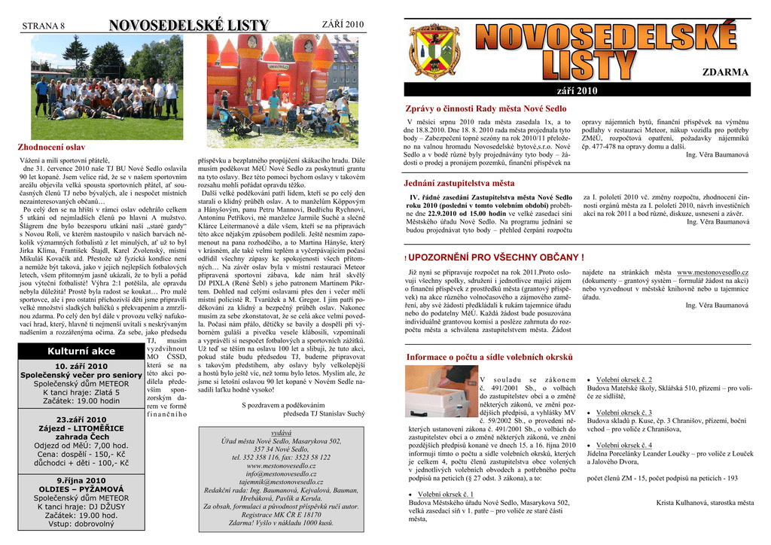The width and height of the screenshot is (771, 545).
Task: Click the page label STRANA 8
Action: [44, 26]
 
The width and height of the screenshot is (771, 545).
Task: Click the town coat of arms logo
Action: [434, 52]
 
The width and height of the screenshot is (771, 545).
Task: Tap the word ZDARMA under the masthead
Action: [725, 72]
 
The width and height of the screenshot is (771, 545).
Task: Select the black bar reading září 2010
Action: [576, 91]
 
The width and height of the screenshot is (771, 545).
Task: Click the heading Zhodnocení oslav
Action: [51, 147]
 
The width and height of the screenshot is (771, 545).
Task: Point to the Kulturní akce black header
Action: [81, 351]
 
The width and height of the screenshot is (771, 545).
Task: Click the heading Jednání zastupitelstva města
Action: [459, 183]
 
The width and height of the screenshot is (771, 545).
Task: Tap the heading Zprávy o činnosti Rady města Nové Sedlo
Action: [486, 109]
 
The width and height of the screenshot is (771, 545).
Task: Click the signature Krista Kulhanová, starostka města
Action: [704, 502]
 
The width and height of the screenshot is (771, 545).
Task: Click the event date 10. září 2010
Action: [81, 367]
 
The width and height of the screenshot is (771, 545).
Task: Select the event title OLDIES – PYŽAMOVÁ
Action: [81, 489]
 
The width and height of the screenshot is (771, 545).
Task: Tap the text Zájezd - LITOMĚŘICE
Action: [81, 428]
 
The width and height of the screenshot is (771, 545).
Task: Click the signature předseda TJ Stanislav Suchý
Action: [324, 413]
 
